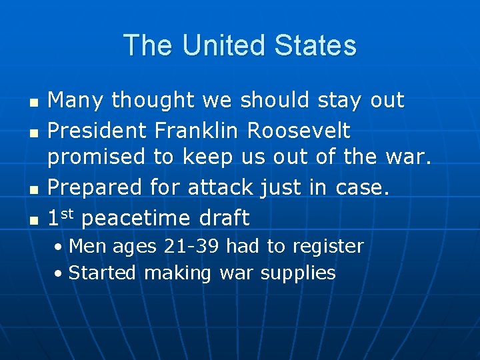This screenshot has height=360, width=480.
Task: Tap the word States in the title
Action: (315, 46)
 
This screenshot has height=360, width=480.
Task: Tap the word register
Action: (327, 247)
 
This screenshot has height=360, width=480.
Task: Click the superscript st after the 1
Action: (67, 213)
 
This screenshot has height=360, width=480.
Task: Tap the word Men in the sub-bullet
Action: (85, 246)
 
